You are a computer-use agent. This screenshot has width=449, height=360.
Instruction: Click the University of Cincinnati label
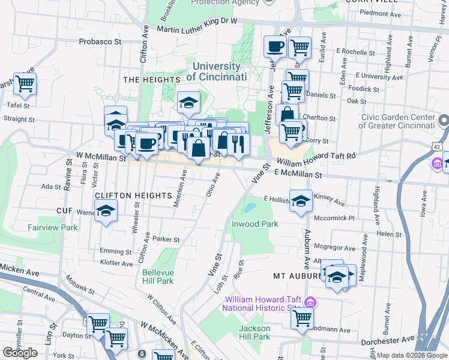[217, 72]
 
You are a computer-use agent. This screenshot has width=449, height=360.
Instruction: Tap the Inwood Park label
[255, 224]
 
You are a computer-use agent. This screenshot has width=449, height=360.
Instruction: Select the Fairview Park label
[52, 227]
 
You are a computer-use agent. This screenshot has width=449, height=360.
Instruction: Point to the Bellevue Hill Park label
[158, 276]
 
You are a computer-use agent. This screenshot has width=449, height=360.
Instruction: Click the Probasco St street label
[100, 42]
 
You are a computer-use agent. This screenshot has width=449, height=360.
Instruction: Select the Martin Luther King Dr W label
[197, 25]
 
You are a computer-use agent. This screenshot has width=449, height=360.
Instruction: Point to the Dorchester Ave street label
[388, 340]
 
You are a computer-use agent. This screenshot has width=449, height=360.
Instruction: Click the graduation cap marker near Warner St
[106, 211]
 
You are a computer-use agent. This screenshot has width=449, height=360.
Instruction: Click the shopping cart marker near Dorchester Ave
[302, 317]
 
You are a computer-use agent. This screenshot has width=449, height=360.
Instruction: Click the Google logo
[20, 353]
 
